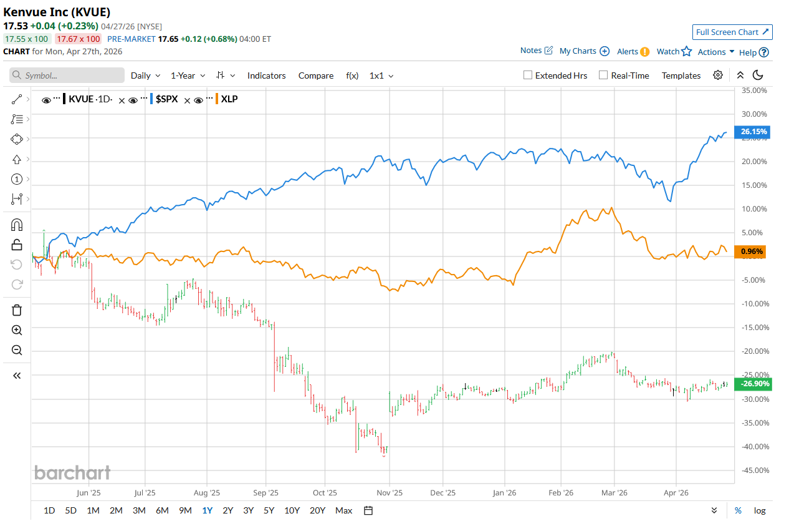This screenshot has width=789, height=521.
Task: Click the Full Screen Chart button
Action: (732, 32)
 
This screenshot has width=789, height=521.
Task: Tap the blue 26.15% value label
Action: (753, 132)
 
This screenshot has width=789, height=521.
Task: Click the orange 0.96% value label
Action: (753, 251)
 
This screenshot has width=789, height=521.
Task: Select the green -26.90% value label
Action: (753, 384)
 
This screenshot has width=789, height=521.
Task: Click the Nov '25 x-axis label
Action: (390, 492)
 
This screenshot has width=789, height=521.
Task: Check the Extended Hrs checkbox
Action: (528, 75)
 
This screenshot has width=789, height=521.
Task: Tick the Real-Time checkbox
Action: (603, 75)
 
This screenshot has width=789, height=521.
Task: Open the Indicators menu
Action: (266, 75)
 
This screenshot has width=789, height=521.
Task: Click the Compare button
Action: (316, 75)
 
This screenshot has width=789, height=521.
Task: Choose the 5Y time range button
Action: (269, 510)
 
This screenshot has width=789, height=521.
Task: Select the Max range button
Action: (343, 510)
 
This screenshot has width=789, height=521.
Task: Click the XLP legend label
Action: (229, 99)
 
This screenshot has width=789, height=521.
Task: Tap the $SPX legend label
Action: (166, 99)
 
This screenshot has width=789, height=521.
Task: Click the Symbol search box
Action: (67, 75)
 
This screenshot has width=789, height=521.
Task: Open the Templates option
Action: (681, 75)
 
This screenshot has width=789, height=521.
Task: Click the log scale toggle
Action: (760, 510)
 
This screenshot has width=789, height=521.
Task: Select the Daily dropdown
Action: (145, 75)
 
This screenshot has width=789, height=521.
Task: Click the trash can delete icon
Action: (17, 310)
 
